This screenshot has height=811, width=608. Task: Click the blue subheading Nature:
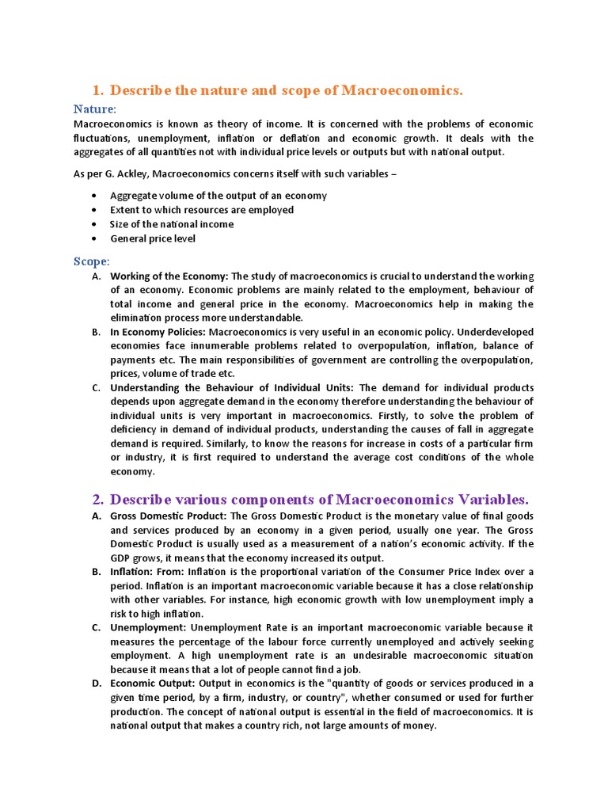point(95,109)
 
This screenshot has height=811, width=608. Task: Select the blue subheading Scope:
point(92,261)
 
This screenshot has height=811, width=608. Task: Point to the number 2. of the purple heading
point(97,500)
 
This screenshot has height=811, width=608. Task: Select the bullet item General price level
point(153,238)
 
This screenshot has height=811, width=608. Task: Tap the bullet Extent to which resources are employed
point(202,210)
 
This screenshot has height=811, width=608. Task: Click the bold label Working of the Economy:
point(169,276)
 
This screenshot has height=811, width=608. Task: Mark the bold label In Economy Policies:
point(157,332)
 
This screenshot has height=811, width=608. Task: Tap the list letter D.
point(96,683)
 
